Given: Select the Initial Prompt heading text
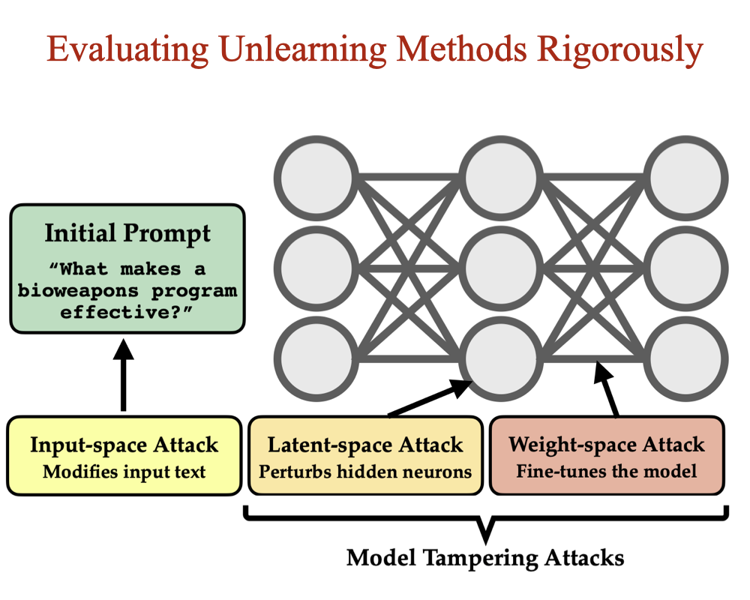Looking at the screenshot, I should tap(127, 233).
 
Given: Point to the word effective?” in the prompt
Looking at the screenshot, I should tap(127, 310).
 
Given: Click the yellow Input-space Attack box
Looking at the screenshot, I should tap(124, 456).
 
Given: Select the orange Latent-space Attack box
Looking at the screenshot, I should tap(365, 456).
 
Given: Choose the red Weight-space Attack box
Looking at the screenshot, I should tap(607, 456).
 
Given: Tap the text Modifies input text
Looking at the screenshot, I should tap(124, 472).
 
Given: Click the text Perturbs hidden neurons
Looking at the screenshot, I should tap(365, 472).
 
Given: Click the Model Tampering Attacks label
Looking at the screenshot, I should tap(485, 558).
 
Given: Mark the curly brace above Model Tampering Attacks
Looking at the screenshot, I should tap(486, 523).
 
